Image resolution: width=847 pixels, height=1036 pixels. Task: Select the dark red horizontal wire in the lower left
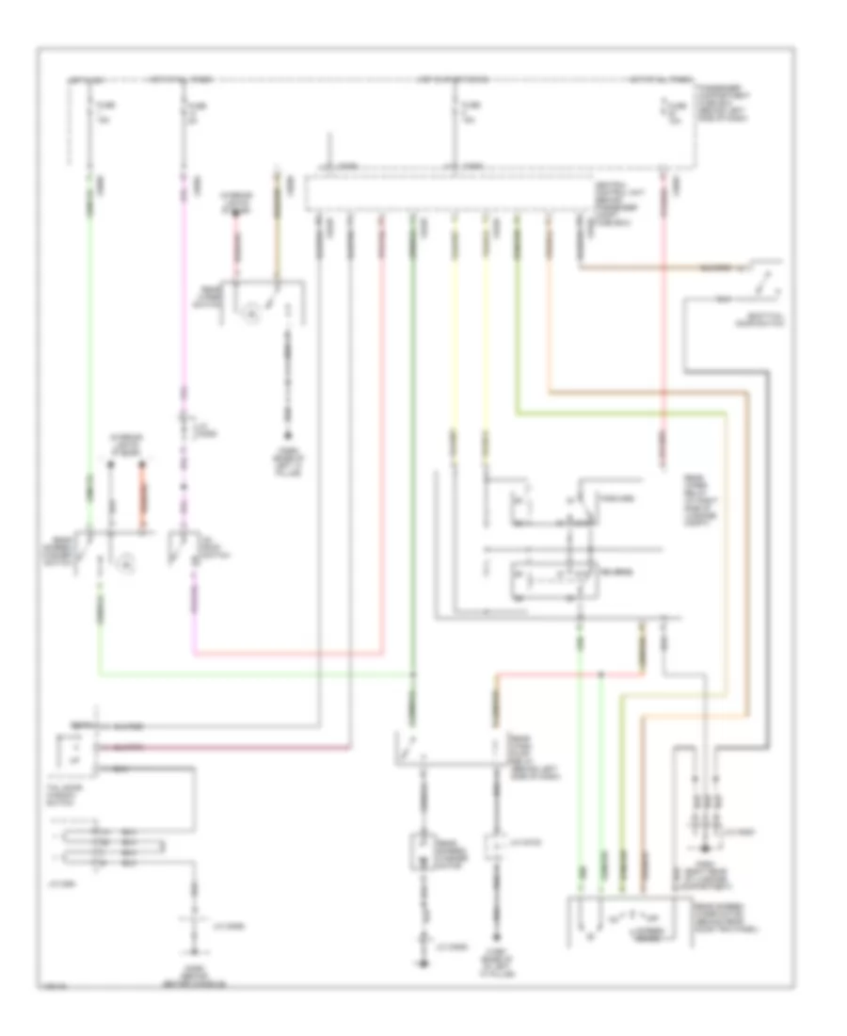click(x=235, y=747)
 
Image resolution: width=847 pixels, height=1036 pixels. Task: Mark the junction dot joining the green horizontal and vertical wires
click(x=412, y=675)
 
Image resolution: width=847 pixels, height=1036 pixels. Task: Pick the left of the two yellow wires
click(x=454, y=330)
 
